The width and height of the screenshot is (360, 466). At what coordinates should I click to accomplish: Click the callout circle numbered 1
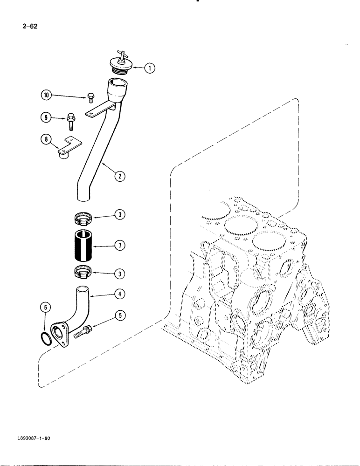(x=149, y=69)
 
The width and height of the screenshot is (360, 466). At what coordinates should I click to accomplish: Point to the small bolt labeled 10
(x=90, y=98)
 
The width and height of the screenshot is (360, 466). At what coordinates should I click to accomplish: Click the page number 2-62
(x=29, y=26)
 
